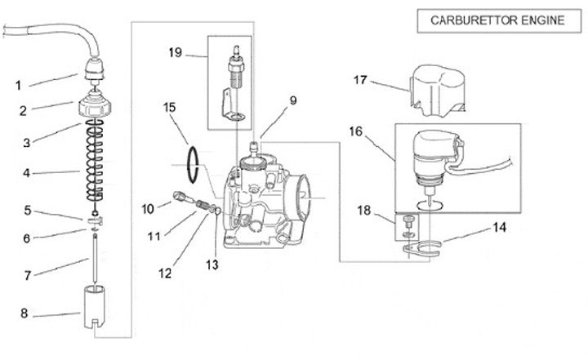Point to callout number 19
[176, 54]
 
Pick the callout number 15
[170, 106]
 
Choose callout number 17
[361, 80]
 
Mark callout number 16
[354, 131]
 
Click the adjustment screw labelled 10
[180, 195]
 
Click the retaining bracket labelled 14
[425, 247]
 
